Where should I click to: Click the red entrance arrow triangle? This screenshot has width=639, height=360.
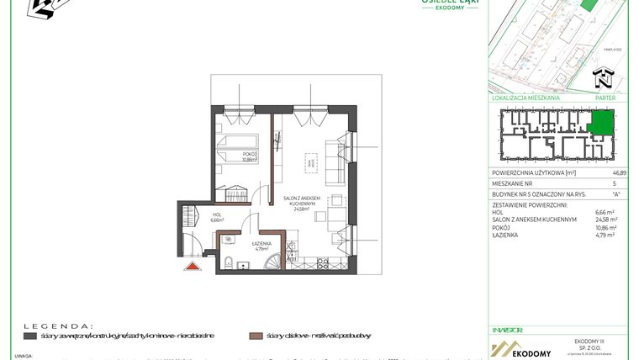193,266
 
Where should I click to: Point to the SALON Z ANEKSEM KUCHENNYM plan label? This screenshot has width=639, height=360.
300,201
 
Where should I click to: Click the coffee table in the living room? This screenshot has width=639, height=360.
310,161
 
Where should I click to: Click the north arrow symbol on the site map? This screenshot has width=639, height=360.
602,81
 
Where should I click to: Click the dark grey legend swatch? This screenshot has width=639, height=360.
29,336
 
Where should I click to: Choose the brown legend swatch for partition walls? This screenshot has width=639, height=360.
256,336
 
